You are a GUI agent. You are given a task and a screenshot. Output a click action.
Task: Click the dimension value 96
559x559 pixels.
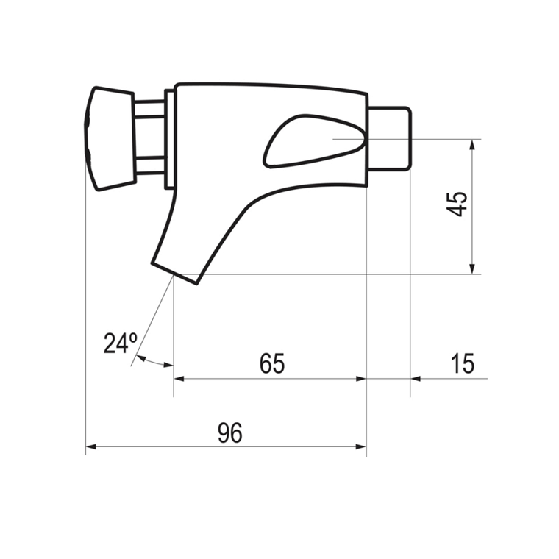pyautogui.click(x=230, y=432)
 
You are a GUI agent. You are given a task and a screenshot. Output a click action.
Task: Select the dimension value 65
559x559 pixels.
pyautogui.click(x=272, y=363)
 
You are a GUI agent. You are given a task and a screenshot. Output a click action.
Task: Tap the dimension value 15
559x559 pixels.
pyautogui.click(x=463, y=363)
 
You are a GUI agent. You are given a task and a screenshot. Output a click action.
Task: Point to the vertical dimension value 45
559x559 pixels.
pyautogui.click(x=457, y=204)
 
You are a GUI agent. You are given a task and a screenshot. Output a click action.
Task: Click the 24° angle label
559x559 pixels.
pyautogui.click(x=120, y=343)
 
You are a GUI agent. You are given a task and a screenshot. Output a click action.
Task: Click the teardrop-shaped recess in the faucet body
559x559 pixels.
pyautogui.click(x=314, y=141)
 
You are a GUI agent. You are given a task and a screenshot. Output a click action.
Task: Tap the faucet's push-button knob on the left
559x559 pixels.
pyautogui.click(x=110, y=139)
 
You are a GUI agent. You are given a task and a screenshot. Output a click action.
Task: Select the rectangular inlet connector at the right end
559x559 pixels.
pyautogui.click(x=389, y=139)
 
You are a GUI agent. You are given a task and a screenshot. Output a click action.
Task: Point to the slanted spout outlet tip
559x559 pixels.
pyautogui.click(x=174, y=274)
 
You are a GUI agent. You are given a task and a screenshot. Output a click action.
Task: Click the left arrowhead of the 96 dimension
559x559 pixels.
pyautogui.click(x=91, y=446)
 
